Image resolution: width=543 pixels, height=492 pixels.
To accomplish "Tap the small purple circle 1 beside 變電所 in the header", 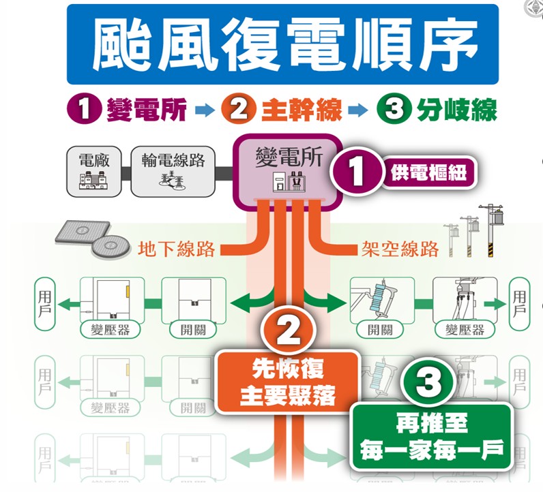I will pos(84,109).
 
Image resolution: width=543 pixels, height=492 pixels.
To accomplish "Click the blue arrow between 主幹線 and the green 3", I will pos(359,110).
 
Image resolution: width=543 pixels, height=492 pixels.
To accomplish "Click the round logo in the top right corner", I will pos(533,8).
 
